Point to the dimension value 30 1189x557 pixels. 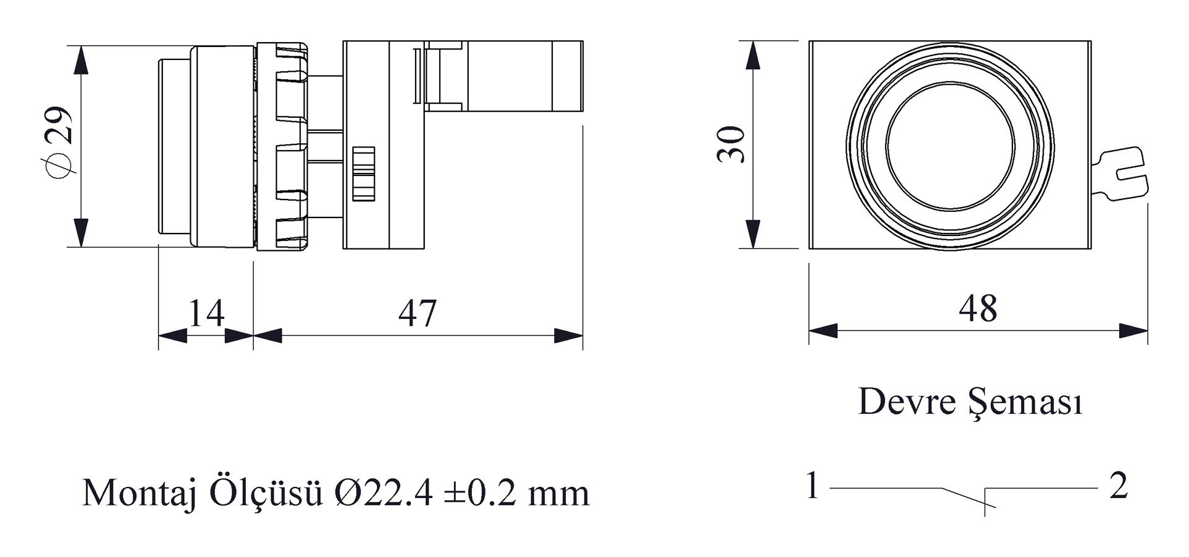731,144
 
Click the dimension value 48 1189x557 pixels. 978,309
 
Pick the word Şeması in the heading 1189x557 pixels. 1026,403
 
